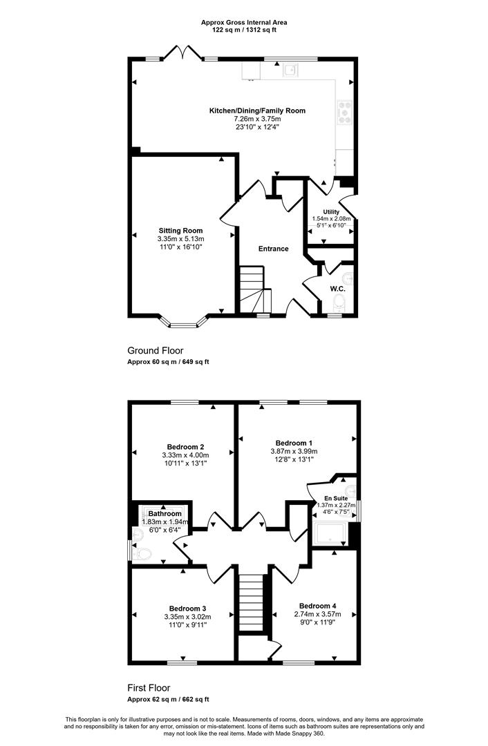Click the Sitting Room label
tap(180, 231)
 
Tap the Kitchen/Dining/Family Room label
tap(258, 111)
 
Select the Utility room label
tap(331, 212)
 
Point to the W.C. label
tap(337, 289)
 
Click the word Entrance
tap(273, 249)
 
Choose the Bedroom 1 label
tap(294, 443)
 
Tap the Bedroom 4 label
tap(317, 606)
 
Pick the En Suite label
tap(337, 498)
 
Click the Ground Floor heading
tap(156, 351)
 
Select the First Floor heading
tap(149, 687)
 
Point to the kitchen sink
tap(290, 70)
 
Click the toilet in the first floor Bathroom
tap(142, 553)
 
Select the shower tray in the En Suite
tap(330, 534)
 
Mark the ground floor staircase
tap(254, 289)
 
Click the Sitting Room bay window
tap(183, 323)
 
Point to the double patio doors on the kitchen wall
tap(182, 52)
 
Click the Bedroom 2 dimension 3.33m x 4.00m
tap(186, 455)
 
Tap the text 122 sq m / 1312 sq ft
tap(244, 30)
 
